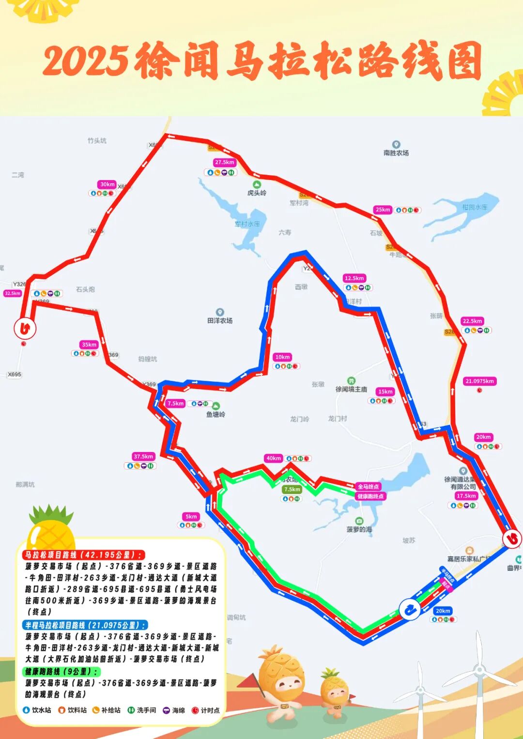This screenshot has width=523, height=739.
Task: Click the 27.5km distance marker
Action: coord(224,163)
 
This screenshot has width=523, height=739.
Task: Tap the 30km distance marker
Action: coord(107,184)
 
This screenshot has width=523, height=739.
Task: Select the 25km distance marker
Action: coord(383,210)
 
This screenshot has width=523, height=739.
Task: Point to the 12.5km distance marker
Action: coord(354,278)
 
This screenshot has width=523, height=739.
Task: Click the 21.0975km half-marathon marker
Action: coord(479,381)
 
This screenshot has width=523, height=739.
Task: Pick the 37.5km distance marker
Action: coord(143,456)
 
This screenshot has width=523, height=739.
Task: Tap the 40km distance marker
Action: coord(273,458)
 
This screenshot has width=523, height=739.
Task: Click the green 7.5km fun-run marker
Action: coord(292,490)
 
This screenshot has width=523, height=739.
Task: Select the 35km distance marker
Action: coord(89,345)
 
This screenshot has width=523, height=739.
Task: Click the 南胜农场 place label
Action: coord(396,152)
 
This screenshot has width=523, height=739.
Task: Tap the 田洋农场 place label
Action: coord(220,320)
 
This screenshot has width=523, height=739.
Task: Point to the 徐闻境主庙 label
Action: coord(352,389)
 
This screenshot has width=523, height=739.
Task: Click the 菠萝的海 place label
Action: coord(359,529)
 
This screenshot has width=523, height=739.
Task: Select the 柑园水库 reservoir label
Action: coord(475,207)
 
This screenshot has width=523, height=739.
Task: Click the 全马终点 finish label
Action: coord(369,487)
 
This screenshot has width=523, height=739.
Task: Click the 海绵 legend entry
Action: coord(174,710)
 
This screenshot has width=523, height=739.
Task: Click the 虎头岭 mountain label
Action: coord(257,193)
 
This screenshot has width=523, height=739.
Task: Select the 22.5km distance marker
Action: coord(472,321)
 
